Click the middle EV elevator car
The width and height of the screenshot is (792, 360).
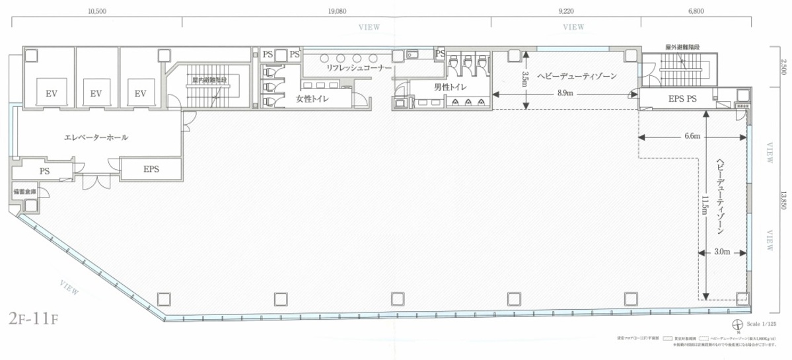96,94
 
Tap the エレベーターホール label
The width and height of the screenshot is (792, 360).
96,138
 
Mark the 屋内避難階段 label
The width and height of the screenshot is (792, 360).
209,81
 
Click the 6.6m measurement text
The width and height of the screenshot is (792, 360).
692,137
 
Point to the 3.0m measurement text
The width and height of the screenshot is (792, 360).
722,252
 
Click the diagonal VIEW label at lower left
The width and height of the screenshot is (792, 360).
69,287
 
